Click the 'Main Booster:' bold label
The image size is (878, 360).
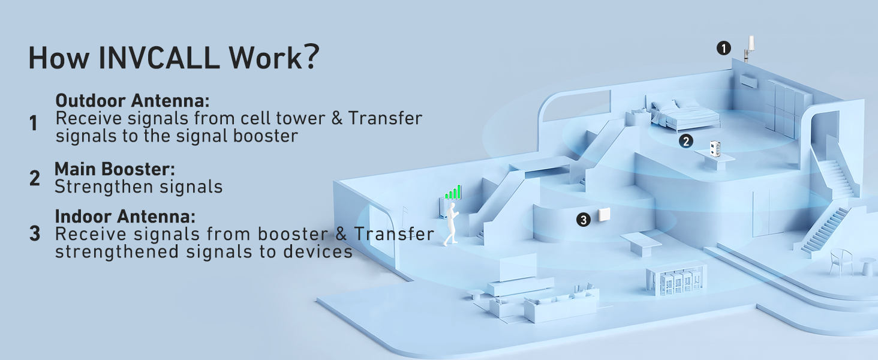pyautogui.click(x=115, y=169)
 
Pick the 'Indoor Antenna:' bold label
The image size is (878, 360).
pyautogui.click(x=125, y=216)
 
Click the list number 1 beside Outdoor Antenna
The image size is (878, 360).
pyautogui.click(x=34, y=124)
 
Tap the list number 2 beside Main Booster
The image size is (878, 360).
pyautogui.click(x=35, y=178)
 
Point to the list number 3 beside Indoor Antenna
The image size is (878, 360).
pyautogui.click(x=35, y=234)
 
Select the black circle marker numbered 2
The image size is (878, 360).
pyautogui.click(x=686, y=142)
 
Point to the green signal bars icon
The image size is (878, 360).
pyautogui.click(x=453, y=192)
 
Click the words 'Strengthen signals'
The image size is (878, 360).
pyautogui.click(x=139, y=187)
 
